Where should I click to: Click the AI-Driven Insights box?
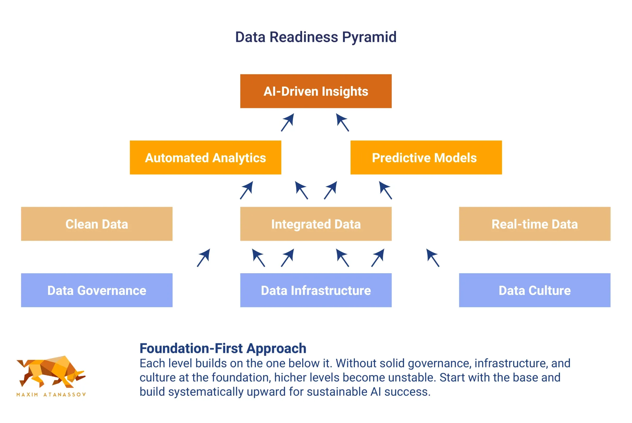point(316,91)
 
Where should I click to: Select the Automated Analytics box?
point(205,157)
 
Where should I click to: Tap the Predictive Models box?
point(426,157)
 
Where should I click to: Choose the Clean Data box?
point(97,224)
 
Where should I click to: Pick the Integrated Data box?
point(316,224)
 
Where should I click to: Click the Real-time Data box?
point(535,224)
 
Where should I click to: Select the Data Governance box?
point(97,290)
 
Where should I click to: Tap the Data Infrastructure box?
point(316,290)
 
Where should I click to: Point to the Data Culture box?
point(535,290)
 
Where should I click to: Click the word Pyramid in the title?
point(369,37)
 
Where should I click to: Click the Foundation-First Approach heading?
point(223,348)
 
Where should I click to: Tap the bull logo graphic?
point(51,372)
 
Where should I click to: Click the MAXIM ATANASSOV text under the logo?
point(51,394)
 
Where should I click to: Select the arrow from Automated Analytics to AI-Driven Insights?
point(287,122)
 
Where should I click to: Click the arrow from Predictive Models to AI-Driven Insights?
point(342,122)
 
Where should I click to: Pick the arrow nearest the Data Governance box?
point(203,258)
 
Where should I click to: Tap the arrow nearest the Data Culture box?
point(433,258)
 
